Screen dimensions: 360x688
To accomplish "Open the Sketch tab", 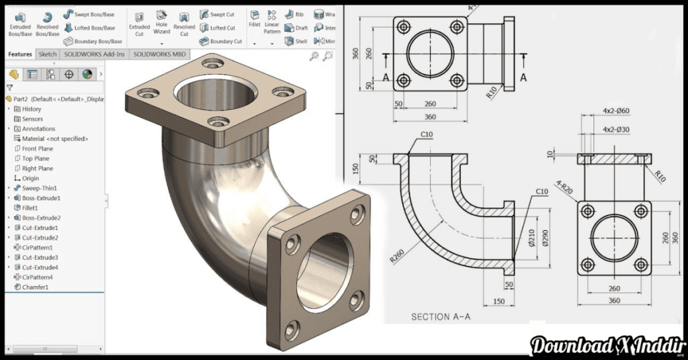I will (48, 54).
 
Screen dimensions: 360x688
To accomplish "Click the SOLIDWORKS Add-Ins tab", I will (94, 54).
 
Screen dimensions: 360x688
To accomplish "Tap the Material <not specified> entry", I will (54, 138).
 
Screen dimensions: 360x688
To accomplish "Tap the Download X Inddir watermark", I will (601, 345).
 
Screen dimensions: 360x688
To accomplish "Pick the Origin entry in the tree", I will (30, 179).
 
